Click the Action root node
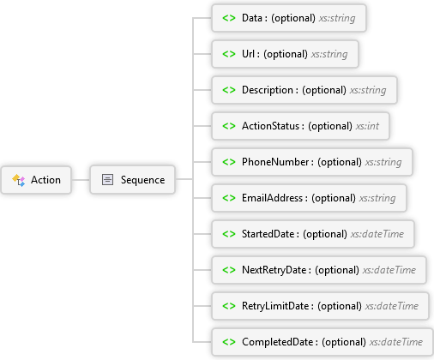pos(36,180)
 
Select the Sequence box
pos(132,180)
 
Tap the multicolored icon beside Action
pos(19,180)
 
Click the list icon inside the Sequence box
pos(107,180)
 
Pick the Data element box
pos(289,18)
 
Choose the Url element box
pos(285,54)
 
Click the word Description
pos(268,90)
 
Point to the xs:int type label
pos(367,126)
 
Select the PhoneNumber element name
pos(275,162)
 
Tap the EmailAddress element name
pos(272,198)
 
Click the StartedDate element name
pos(268,234)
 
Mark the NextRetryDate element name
pos(274,270)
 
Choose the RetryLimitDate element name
pos(275,306)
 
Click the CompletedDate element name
pos(278,342)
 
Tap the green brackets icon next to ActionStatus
pos(229,126)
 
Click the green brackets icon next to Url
pos(229,54)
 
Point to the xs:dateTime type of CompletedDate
pos(396,342)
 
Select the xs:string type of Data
pos(337,18)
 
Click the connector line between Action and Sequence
pos(81,180)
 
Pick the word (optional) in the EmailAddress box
pos(334,198)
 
